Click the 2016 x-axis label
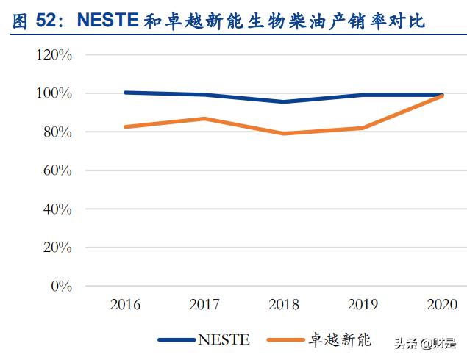point(125,304)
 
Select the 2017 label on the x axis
point(204,304)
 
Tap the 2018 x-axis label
point(284,304)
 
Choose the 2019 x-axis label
point(363,304)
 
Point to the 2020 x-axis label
point(442,304)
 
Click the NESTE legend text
point(224,339)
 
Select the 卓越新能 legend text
point(341,339)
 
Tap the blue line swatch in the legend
point(177,339)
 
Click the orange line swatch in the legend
point(286,339)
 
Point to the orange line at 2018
point(284,134)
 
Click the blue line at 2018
point(284,101)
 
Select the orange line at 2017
point(204,118)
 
